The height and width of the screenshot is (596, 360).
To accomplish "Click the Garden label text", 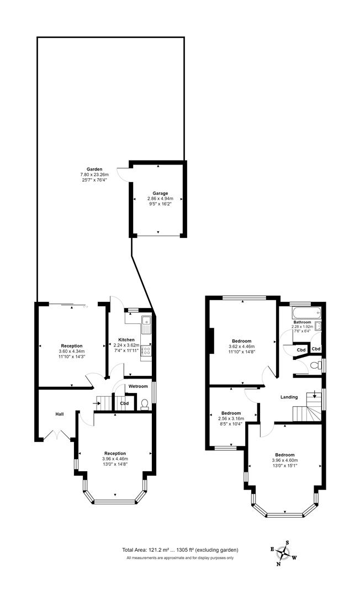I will pos(94,169).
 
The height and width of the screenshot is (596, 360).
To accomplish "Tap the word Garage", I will pos(158,193).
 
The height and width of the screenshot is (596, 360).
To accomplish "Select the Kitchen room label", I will pos(126,339).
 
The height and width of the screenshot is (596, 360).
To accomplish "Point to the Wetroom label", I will pos(138,386).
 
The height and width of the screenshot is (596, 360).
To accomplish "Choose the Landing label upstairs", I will pos(289,397).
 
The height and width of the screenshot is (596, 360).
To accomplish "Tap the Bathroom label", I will pos(302,322).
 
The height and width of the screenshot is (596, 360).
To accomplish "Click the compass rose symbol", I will pos(284,552).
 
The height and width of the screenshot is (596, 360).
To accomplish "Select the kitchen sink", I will pos(146,323).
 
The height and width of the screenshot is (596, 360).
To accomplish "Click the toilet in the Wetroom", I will pos(145,405).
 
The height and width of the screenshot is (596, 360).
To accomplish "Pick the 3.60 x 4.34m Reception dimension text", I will pos(71,352).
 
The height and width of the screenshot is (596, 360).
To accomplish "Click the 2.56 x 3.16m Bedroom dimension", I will pos(231,418).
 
